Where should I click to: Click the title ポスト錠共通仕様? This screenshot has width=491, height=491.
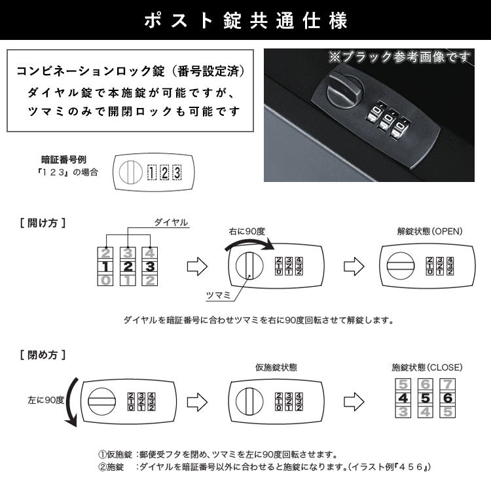point(245,21)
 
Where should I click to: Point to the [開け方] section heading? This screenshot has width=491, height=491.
point(43,223)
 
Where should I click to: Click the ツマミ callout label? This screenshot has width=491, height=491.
point(218,296)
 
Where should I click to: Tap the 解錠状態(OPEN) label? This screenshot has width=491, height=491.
point(429,231)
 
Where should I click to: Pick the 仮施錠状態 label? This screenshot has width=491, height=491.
point(277,367)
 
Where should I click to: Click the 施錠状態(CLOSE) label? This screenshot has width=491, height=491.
point(422,367)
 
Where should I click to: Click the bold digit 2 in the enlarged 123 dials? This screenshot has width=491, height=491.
point(128,266)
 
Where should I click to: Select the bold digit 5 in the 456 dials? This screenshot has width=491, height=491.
point(425,398)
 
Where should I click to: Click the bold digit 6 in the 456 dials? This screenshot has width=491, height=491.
point(447,398)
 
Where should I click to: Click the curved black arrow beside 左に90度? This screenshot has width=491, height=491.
point(73,399)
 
